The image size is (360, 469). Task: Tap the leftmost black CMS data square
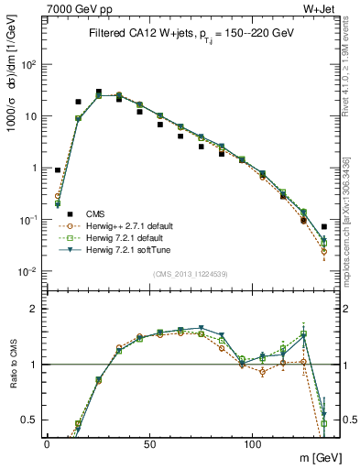pos(58,170)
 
